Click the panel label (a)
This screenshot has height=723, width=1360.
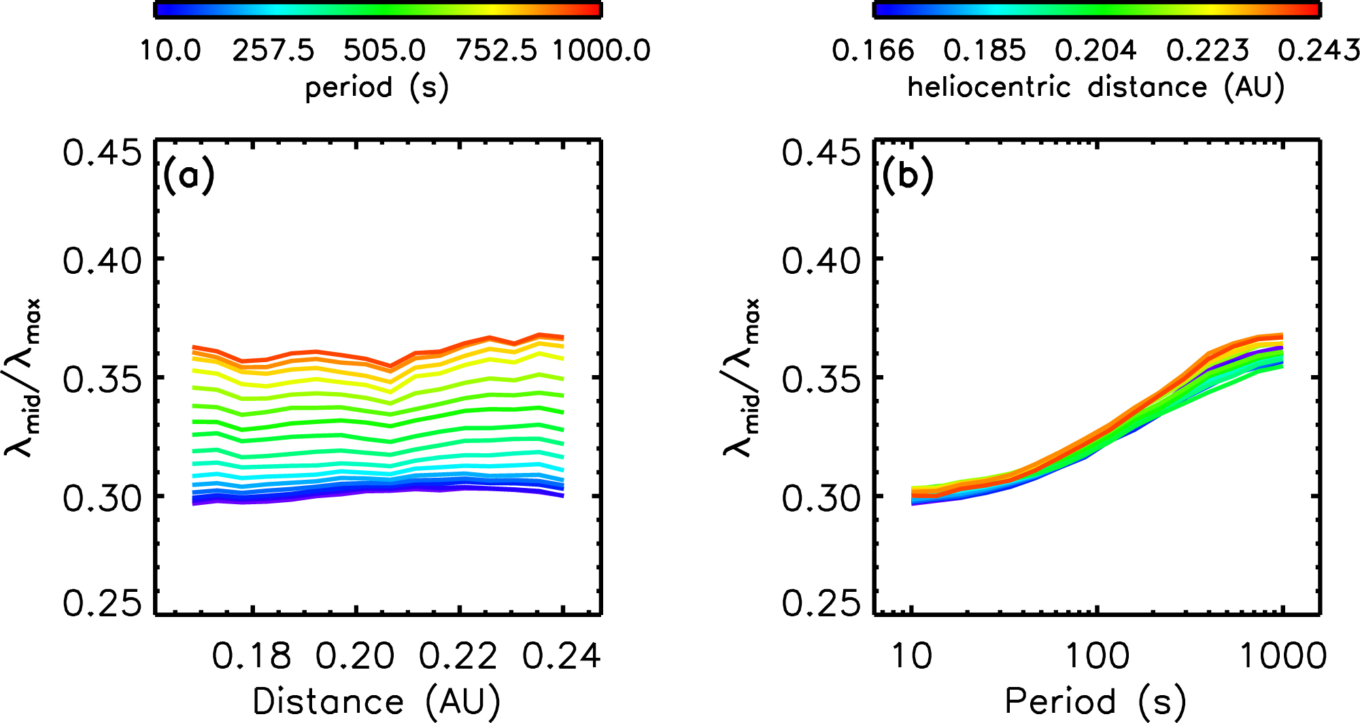[188, 176]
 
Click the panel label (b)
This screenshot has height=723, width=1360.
[907, 176]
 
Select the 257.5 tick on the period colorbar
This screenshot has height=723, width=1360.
[273, 50]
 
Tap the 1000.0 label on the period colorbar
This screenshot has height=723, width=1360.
[602, 50]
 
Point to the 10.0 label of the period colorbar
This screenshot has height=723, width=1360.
[170, 50]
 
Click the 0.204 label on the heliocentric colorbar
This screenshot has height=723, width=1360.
[1095, 50]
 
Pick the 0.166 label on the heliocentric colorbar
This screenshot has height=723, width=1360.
[873, 50]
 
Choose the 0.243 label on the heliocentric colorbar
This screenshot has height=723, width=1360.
[1319, 50]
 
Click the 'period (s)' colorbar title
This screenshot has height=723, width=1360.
[377, 88]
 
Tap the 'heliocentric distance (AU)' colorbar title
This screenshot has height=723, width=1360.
[1095, 88]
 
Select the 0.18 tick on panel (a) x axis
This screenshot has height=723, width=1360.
[252, 656]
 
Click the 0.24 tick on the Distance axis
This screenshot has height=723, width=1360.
[562, 656]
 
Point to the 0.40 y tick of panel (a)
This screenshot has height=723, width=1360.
[103, 260]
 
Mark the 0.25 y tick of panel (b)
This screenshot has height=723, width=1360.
[821, 603]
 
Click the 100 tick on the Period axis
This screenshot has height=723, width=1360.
[1097, 656]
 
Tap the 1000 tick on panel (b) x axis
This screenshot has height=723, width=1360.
[1283, 656]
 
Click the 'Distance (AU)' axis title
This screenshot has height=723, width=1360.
[377, 702]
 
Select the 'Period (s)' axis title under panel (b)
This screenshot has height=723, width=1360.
[1095, 702]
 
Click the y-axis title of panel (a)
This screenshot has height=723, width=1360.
[24, 377]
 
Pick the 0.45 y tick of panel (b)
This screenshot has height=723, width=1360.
[821, 153]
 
